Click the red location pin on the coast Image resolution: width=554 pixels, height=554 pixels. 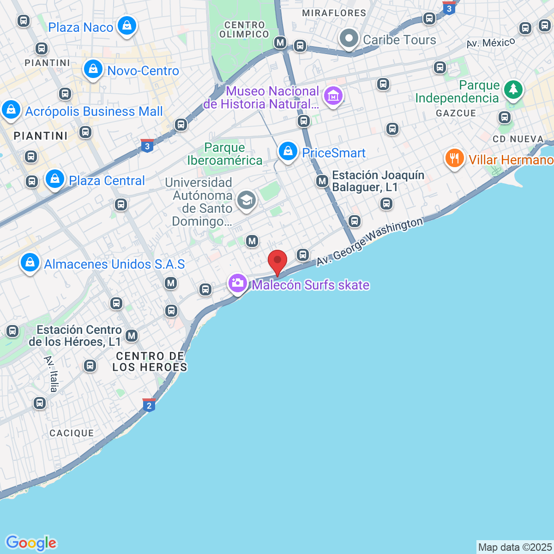pyautogui.click(x=277, y=261)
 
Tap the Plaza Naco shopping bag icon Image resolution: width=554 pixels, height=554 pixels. pyautogui.click(x=126, y=26)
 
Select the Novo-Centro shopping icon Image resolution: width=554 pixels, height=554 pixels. pyautogui.click(x=93, y=69)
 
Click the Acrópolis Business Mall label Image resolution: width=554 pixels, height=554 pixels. pyautogui.click(x=94, y=111)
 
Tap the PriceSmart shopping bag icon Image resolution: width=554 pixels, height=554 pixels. pyautogui.click(x=288, y=151)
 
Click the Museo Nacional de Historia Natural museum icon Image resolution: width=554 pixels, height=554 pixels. pyautogui.click(x=333, y=96)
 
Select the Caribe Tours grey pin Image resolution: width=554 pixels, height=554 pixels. pyautogui.click(x=349, y=38)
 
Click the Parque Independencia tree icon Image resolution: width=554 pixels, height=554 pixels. pyautogui.click(x=512, y=89)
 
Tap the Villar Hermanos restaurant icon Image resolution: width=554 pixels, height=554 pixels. pyautogui.click(x=455, y=158)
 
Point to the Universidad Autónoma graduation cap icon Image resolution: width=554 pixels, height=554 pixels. pyautogui.click(x=247, y=200)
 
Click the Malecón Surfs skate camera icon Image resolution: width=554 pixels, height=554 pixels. pyautogui.click(x=238, y=283)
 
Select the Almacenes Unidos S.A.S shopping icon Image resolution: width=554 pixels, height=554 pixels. pyautogui.click(x=30, y=262)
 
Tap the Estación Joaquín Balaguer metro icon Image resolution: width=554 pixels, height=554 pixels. pyautogui.click(x=322, y=181)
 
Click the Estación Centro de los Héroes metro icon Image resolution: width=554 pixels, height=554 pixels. pyautogui.click(x=132, y=336)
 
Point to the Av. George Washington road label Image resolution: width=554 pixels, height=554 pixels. pyautogui.click(x=369, y=241)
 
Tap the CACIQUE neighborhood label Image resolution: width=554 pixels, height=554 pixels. pyautogui.click(x=72, y=433)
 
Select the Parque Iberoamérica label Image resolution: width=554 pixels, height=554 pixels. pyautogui.click(x=224, y=154)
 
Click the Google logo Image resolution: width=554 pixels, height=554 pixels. pyautogui.click(x=31, y=543)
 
